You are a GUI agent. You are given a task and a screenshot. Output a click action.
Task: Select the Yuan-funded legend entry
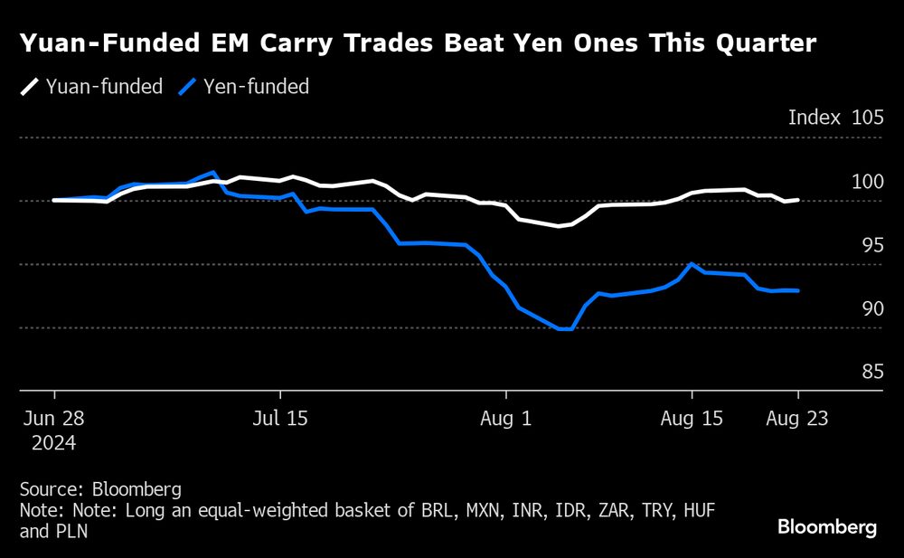[92, 87]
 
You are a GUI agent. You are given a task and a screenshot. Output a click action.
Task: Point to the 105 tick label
[868, 118]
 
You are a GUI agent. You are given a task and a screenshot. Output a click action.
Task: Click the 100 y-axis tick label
[868, 182]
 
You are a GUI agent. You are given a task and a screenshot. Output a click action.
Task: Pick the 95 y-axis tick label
[871, 245]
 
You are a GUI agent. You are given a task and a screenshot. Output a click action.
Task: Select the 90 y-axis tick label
[871, 308]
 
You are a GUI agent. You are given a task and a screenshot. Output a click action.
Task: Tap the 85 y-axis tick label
[871, 372]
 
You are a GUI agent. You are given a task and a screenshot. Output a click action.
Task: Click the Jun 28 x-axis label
[54, 420]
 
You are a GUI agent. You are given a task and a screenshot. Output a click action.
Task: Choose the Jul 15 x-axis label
[280, 420]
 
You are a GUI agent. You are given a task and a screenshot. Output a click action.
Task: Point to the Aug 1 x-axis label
[506, 420]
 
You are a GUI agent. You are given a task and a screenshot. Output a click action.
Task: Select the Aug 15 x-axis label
[692, 420]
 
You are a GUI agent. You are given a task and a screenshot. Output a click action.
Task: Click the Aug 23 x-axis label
[797, 420]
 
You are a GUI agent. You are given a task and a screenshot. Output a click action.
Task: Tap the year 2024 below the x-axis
[54, 444]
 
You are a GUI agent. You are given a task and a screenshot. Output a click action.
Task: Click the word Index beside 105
[814, 118]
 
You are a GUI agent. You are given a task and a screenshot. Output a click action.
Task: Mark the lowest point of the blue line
[564, 329]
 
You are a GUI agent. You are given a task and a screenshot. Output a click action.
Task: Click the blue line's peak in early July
[213, 172]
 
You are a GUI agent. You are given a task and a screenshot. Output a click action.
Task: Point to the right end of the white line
[797, 200]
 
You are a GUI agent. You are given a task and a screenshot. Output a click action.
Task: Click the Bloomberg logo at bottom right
[827, 527]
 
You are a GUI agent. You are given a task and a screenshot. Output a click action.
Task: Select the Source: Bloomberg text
[100, 489]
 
